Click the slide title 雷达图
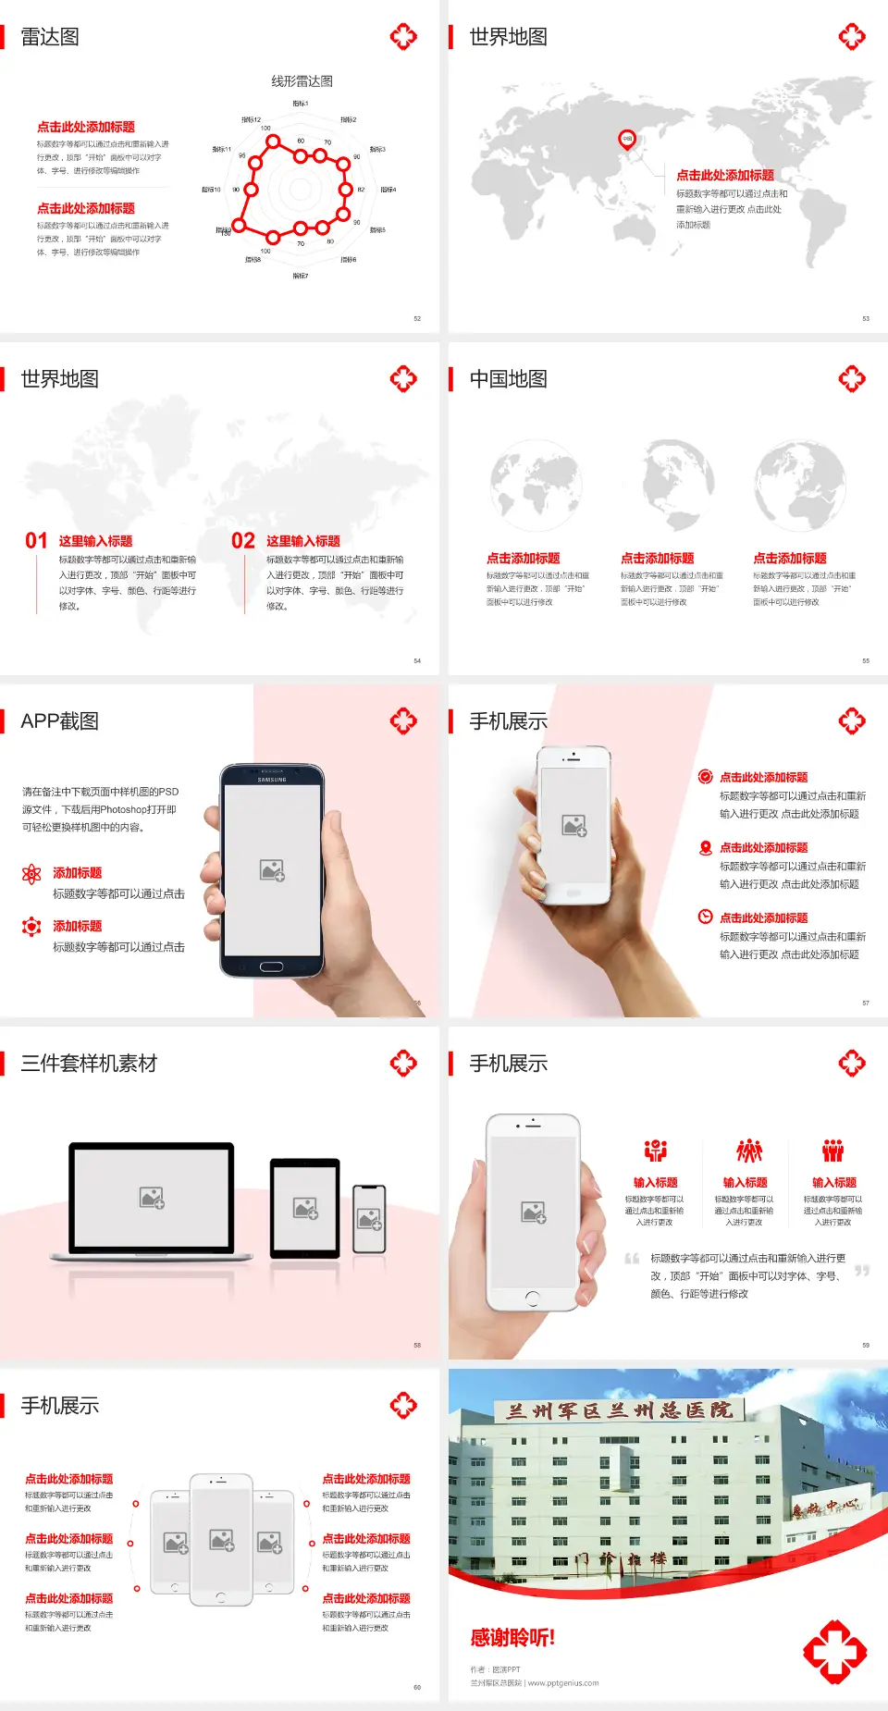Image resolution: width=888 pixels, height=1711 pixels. pos(50,37)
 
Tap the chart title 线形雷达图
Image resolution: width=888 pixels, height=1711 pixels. pos(302,81)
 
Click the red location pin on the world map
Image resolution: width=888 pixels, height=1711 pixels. pos(627,140)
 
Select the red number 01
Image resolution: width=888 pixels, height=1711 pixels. pos(36,541)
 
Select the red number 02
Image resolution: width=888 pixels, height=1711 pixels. pos(243,541)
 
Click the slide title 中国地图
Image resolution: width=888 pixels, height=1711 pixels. pos(508,379)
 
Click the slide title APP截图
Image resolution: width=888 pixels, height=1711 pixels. pos(59,721)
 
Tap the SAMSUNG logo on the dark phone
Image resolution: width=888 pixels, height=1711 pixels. pos(272,780)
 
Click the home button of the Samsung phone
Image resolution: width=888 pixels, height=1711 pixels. pos(271,966)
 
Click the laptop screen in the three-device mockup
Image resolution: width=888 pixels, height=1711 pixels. pos(152,1197)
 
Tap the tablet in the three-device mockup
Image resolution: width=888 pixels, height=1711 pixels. pos(305,1207)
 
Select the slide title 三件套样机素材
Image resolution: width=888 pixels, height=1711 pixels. pos(89,1064)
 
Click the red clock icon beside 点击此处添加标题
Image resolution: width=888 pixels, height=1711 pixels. pos(705,917)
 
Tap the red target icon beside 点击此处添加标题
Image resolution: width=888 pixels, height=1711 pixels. pos(705,777)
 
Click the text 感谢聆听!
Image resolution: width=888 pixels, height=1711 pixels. pos(512,1638)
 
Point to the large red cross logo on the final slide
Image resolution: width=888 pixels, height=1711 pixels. pos(834,1651)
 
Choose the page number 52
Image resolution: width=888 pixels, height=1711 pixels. pos(417,319)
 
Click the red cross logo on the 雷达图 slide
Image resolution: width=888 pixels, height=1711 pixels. pos(403,37)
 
